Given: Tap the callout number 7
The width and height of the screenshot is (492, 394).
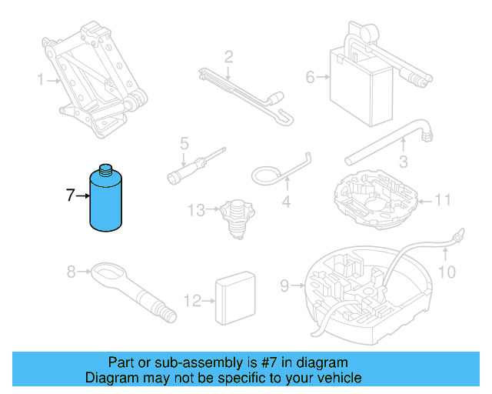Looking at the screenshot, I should [70, 196].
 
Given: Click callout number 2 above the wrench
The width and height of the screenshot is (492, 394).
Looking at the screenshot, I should [228, 56].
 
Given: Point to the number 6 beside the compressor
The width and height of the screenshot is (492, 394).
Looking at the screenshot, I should [311, 76].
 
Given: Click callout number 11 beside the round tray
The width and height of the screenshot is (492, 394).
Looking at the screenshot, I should [442, 202].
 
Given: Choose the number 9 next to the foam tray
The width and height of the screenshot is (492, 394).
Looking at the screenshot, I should [284, 286].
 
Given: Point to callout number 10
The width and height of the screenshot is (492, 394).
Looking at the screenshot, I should [447, 272].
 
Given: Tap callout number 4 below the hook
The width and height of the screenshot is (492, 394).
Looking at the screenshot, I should [285, 203].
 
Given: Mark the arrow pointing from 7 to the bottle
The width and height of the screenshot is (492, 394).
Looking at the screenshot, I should [83, 197].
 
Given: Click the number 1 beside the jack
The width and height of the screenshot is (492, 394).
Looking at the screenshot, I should [42, 79].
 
